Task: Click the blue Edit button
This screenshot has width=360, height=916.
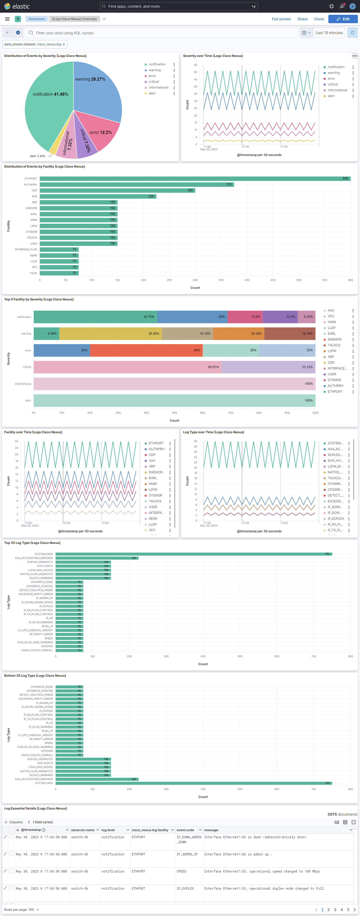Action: point(343,19)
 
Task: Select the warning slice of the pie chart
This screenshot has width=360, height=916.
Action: point(98,92)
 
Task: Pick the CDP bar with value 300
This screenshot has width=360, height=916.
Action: point(117,190)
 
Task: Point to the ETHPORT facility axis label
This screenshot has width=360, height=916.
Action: point(31,178)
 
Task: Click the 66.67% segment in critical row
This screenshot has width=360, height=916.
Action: point(127,367)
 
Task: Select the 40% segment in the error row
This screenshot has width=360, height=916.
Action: point(146,350)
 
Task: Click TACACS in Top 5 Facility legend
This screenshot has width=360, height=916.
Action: point(334,345)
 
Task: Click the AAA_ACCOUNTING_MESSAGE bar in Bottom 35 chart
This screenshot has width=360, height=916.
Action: point(97,779)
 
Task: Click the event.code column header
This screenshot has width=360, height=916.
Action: point(185,830)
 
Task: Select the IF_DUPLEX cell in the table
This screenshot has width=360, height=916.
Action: point(185,888)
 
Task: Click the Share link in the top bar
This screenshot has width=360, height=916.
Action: point(302,19)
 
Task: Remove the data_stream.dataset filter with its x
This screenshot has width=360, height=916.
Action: point(64,44)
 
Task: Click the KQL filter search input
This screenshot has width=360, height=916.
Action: point(164,33)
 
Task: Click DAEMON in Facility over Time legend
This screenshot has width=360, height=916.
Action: point(155,472)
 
